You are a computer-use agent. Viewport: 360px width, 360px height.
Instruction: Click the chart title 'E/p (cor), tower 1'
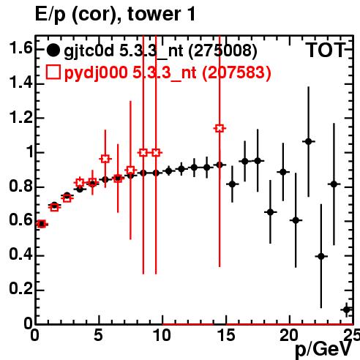point(115,14)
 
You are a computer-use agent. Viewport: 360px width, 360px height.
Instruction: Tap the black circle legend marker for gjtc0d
point(53,50)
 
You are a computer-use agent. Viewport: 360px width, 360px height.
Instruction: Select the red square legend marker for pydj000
point(53,72)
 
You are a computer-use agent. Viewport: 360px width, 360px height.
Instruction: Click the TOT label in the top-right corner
point(326,50)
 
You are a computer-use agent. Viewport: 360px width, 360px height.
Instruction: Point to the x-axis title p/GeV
point(323,350)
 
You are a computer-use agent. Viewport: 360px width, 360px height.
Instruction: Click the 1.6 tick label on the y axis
point(20,48)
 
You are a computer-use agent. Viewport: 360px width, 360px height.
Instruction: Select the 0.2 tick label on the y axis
point(20,289)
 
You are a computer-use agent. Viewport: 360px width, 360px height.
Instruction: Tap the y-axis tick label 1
point(30,151)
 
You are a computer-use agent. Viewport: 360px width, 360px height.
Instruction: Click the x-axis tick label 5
point(98,336)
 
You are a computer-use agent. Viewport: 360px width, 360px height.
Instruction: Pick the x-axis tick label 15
point(226,336)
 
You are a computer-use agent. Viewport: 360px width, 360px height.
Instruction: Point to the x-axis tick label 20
point(289,336)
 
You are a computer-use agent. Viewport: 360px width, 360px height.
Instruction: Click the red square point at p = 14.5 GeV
point(220,128)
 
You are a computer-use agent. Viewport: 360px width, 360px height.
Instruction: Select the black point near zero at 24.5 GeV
point(347,310)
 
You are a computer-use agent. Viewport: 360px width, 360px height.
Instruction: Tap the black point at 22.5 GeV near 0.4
point(321,256)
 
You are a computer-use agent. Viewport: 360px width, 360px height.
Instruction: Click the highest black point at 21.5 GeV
point(309,141)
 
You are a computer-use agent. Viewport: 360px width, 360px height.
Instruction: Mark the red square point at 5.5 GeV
point(105,159)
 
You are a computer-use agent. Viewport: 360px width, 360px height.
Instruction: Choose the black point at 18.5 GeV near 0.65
point(270,212)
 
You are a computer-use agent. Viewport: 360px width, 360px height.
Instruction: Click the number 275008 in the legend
point(222,50)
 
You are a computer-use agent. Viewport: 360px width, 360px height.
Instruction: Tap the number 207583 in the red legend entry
point(237,72)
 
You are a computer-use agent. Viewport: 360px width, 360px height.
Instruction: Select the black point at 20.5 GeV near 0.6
point(296,220)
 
